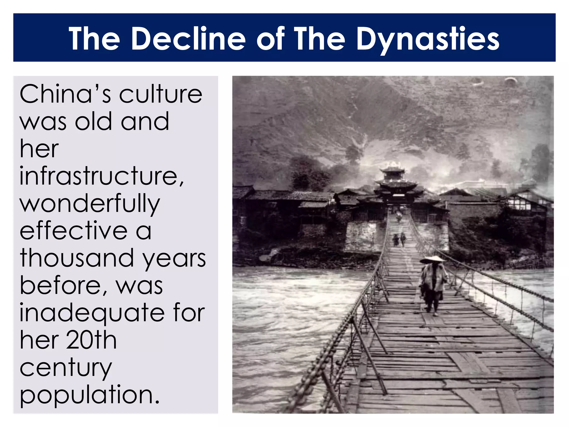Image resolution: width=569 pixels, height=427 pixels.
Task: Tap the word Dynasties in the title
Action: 428,39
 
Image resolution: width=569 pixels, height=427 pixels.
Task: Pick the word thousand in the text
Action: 76,258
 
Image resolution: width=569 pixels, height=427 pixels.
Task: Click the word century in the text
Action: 66,368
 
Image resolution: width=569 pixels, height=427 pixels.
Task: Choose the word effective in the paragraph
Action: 73,231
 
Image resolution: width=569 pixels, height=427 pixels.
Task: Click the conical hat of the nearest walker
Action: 433,260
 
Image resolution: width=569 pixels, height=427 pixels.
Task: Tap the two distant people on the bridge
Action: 399,239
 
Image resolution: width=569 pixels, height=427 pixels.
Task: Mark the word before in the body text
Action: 63,286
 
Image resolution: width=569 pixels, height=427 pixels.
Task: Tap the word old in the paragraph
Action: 93,121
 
